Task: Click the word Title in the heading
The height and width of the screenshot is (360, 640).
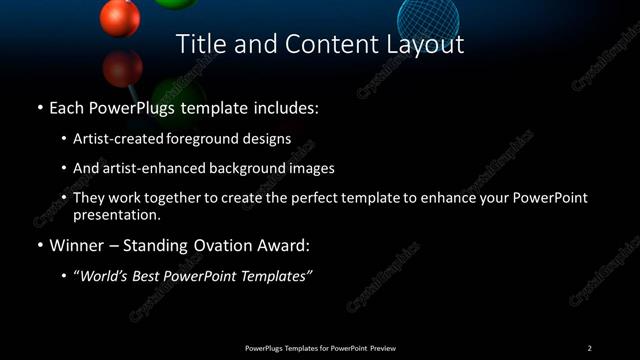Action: coord(199,44)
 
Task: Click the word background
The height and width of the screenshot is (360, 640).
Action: coord(250,168)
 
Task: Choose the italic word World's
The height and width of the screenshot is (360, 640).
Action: coord(103,276)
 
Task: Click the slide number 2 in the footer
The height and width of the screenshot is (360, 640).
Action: coord(589,348)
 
